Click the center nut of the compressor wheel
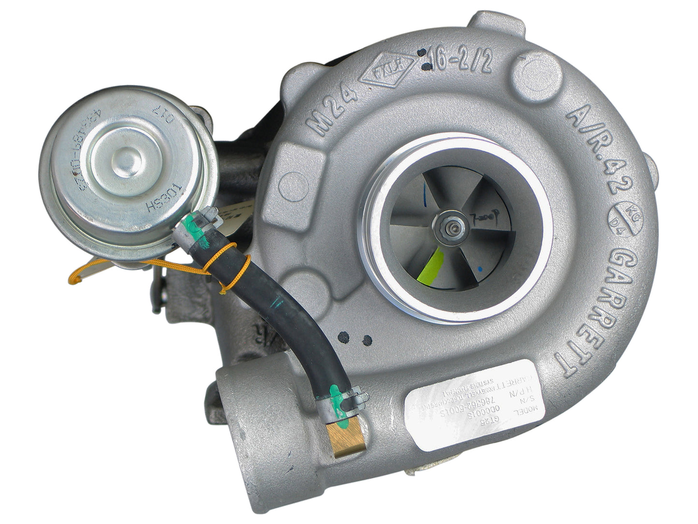[453, 227]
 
